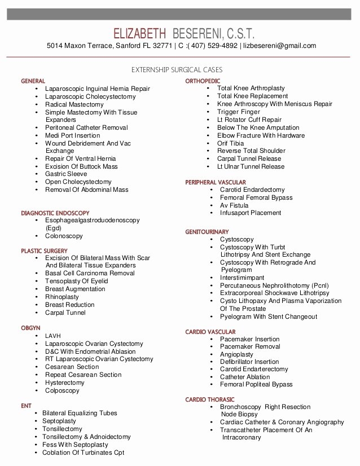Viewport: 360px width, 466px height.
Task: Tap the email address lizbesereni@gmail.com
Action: coord(279,46)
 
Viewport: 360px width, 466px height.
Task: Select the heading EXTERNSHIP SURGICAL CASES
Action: coord(177,70)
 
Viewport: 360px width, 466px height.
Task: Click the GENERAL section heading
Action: coord(33,81)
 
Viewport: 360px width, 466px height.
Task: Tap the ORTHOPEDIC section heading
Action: coord(203,81)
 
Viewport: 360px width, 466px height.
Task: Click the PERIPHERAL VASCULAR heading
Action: coord(216,182)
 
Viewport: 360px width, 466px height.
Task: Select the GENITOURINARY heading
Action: coord(207,232)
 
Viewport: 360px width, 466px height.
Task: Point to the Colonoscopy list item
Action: coord(64,236)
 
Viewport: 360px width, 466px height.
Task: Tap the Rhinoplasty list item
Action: coord(63,297)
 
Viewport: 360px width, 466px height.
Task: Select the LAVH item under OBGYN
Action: coord(53,336)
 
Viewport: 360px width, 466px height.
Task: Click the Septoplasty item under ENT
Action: coord(59,421)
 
